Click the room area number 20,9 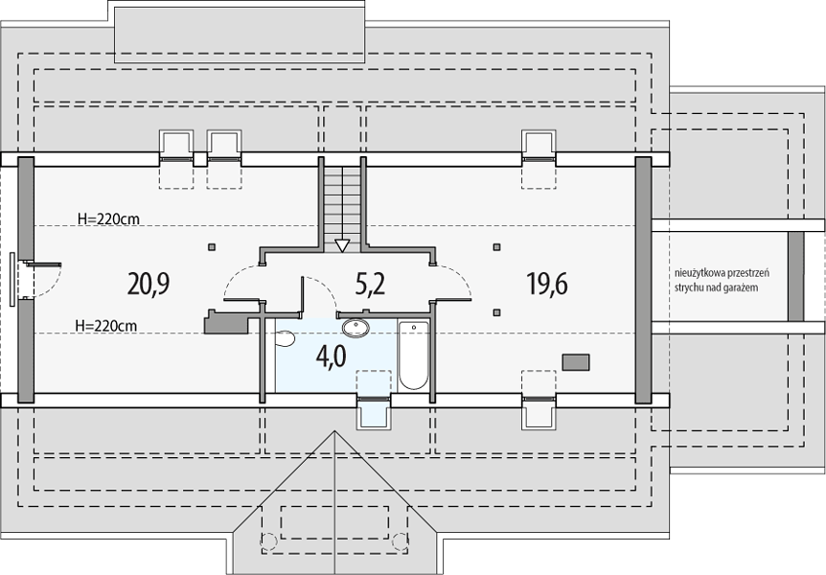click(148, 284)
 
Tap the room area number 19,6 click(547, 284)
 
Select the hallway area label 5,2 click(370, 284)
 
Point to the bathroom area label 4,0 click(331, 356)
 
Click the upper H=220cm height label click(108, 218)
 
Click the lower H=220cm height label click(105, 326)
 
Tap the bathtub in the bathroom click(414, 356)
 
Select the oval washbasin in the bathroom click(356, 328)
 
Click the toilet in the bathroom click(285, 338)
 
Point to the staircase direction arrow click(342, 245)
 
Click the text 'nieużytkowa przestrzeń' click(723, 273)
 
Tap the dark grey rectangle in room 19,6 click(576, 362)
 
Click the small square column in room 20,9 click(211, 246)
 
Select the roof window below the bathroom click(374, 412)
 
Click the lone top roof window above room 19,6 click(539, 145)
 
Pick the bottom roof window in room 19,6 click(539, 412)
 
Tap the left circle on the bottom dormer click(268, 540)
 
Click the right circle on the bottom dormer click(401, 540)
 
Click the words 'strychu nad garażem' click(717, 287)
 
